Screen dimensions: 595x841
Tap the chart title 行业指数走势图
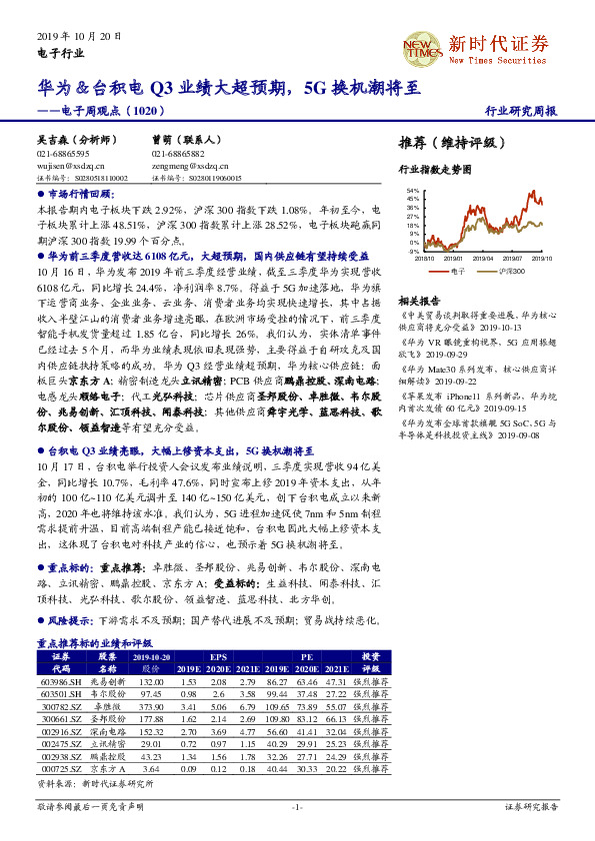pos(435,171)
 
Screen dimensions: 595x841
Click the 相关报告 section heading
pos(419,301)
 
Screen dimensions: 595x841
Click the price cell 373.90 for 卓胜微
pos(152,706)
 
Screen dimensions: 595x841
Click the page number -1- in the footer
pos(297,805)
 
